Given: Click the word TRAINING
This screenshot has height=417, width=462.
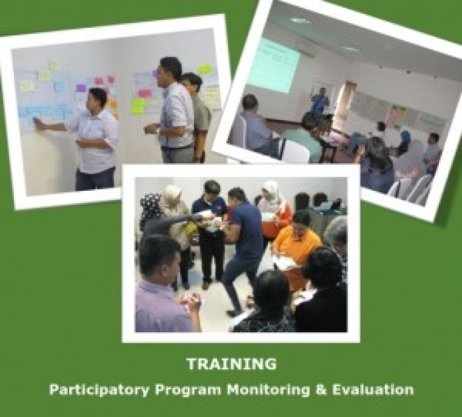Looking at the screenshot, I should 231,365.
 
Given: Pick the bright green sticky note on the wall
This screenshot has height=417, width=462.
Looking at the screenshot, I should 137,106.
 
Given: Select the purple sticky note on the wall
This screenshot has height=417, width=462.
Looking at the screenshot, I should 81,88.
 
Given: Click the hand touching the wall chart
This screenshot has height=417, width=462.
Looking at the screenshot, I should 39,122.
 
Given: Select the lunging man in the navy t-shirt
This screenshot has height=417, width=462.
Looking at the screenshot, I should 243,242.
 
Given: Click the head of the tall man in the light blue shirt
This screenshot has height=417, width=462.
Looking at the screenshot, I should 171,68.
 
